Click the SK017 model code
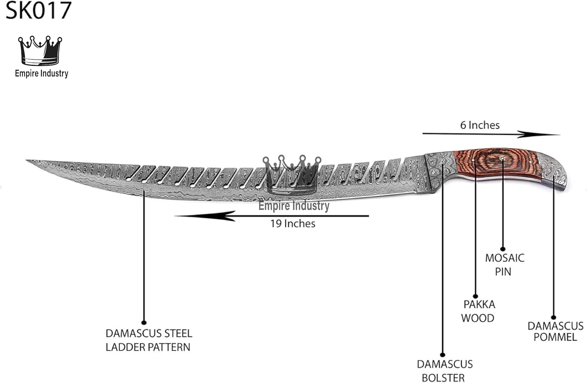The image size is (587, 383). coord(38,11)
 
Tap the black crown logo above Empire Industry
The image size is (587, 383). coord(40,50)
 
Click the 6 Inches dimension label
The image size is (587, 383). coord(480,125)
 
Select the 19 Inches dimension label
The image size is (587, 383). coord(293,224)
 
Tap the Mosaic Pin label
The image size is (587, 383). coord(504,265)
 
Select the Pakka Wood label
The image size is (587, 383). coord(478,311)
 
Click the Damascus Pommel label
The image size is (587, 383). coord(555,331)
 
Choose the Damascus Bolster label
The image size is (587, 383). coord(444,370)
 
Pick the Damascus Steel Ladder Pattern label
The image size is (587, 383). coord(149,340)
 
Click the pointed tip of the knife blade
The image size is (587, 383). coord(27,160)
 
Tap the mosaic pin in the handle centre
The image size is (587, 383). coord(502,158)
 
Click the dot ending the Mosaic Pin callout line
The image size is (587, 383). coord(503,249)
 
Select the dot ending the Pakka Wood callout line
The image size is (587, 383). coord(475,296)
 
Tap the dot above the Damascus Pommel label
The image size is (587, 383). coord(554,318)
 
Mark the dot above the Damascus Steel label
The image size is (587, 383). coord(144,322)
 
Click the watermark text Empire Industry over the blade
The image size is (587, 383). coord(294,206)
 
